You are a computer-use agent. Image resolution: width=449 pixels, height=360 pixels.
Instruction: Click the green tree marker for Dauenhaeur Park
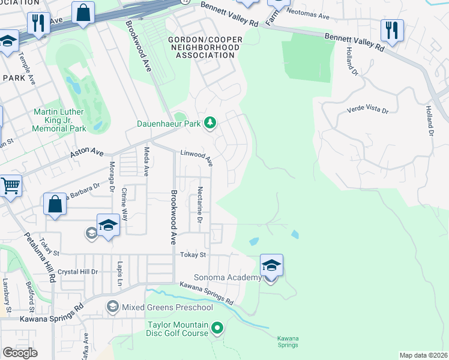click(x=209, y=123)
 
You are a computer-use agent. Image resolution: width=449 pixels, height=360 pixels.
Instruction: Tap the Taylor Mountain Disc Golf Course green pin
click(x=217, y=328)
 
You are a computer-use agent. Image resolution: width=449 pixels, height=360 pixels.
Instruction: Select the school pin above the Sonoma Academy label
click(x=271, y=265)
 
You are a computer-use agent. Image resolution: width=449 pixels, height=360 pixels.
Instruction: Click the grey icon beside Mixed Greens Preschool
click(x=112, y=307)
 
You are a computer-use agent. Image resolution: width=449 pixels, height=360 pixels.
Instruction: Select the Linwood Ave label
click(x=197, y=158)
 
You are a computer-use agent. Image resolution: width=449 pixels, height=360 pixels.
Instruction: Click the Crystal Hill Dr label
click(x=77, y=271)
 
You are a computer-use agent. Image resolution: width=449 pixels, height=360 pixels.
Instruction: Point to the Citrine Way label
click(x=124, y=205)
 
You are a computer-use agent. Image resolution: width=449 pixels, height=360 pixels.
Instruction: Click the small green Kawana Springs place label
click(x=288, y=341)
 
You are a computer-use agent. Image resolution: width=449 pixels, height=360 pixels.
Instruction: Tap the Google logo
click(x=20, y=353)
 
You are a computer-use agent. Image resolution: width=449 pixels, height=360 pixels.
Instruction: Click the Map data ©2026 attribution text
click(x=423, y=355)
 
